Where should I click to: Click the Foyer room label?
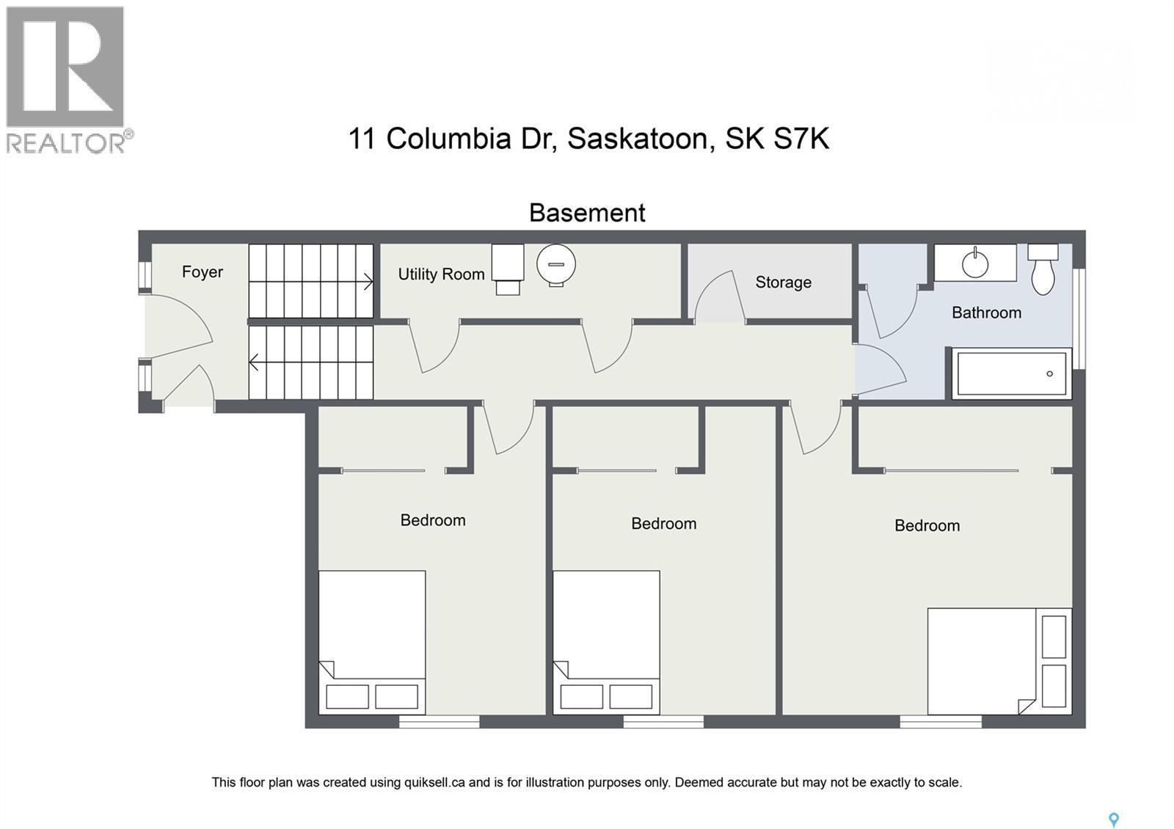pyautogui.click(x=203, y=272)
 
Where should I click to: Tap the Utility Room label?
pyautogui.click(x=441, y=274)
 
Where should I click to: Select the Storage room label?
pyautogui.click(x=783, y=282)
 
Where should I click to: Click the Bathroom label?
pyautogui.click(x=986, y=313)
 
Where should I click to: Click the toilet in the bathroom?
pyautogui.click(x=1043, y=269)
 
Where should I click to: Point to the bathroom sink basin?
pyautogui.click(x=975, y=263)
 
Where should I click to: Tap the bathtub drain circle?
pyautogui.click(x=1050, y=373)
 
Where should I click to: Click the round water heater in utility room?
pyautogui.click(x=555, y=264)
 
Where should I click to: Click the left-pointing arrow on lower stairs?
pyautogui.click(x=255, y=362)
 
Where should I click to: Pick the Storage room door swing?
pyautogui.click(x=715, y=297)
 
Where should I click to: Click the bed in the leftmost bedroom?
pyautogui.click(x=372, y=642)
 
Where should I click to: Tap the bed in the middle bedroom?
pyautogui.click(x=606, y=642)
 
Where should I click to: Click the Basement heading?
pyautogui.click(x=587, y=213)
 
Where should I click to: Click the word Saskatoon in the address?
pyautogui.click(x=638, y=139)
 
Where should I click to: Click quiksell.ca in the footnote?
pyautogui.click(x=434, y=782)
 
